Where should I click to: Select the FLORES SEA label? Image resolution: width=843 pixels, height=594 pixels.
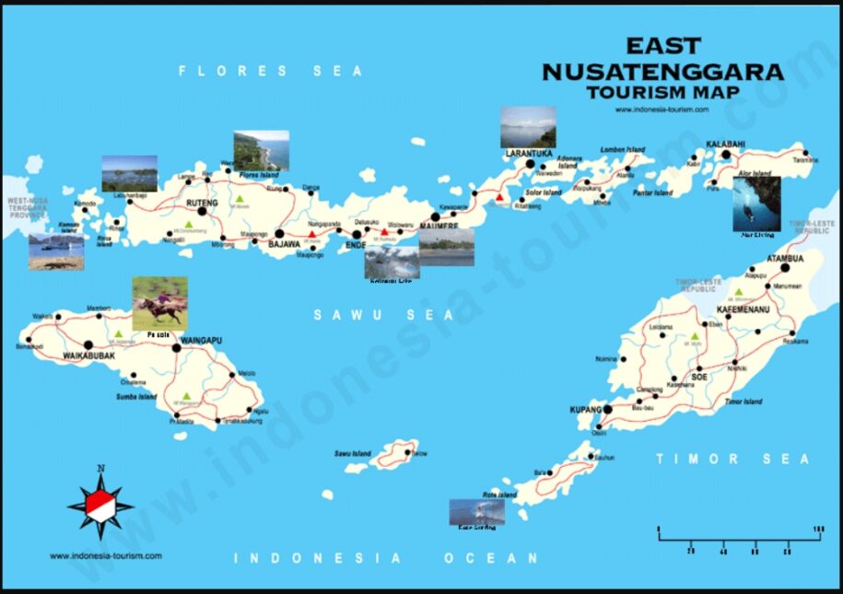pos(271,71)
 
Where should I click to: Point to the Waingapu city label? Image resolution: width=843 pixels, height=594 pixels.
pos(205,340)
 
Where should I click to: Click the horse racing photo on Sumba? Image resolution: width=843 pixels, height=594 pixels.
pos(159,302)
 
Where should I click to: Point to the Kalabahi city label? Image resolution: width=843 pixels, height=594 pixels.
pos(725,145)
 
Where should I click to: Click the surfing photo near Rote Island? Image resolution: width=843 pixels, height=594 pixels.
pos(476,512)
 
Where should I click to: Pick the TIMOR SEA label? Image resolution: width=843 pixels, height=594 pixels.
pos(733,459)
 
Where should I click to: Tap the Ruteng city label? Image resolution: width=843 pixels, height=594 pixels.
pos(202,202)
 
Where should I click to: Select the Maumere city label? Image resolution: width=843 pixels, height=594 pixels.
pos(439,227)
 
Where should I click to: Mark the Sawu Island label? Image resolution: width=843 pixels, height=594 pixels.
pos(352,454)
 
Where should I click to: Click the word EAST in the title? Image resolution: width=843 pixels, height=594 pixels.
pos(663,45)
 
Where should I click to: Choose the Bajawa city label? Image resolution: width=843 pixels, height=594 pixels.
pos(285,245)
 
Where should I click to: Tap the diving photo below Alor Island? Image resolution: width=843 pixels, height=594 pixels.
pos(756,204)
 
